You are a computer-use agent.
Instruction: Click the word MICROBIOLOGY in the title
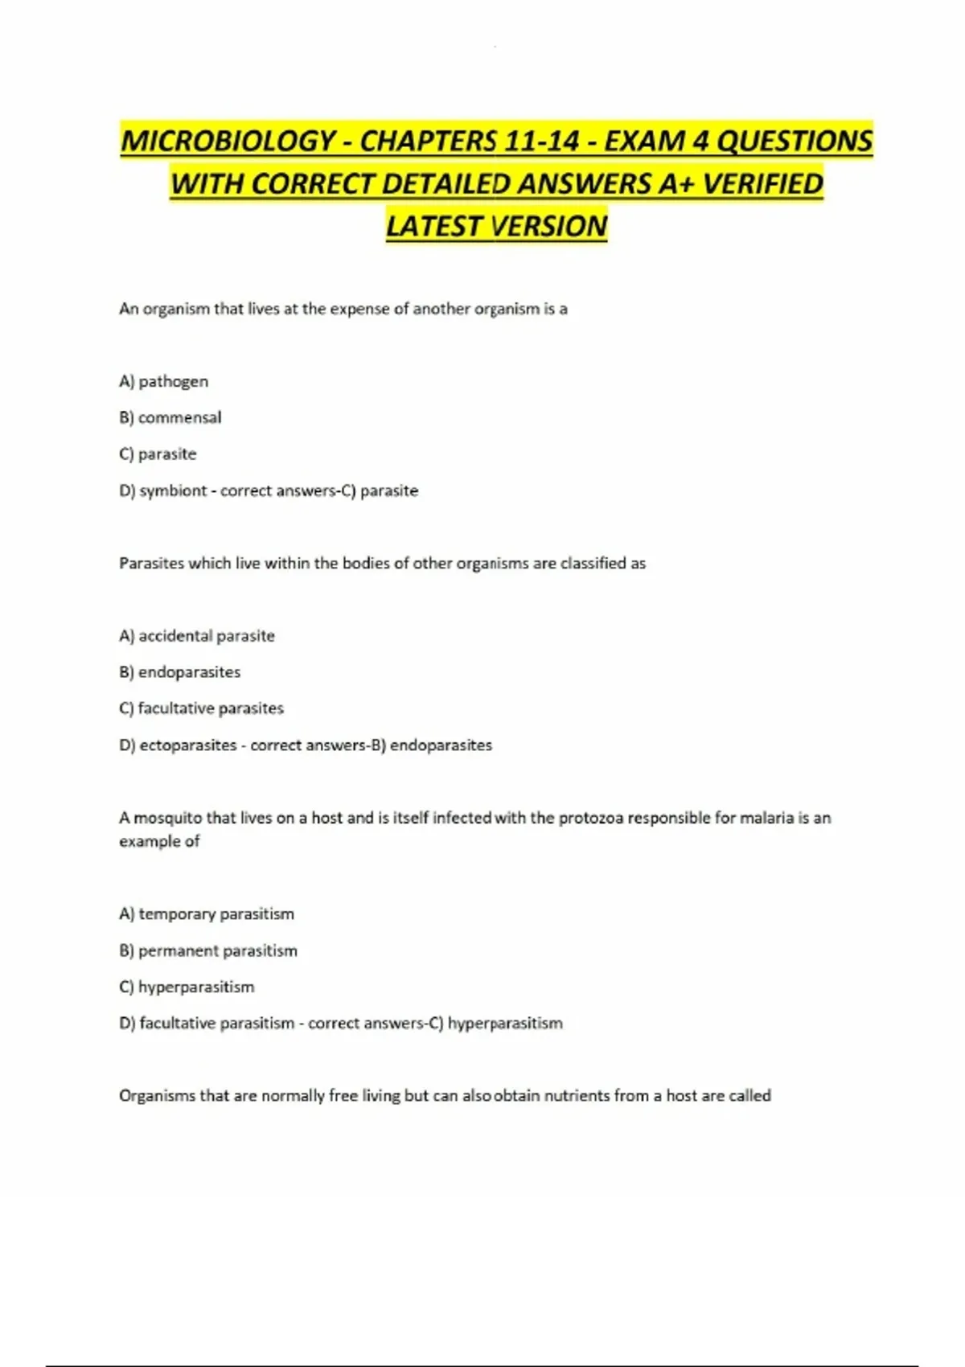point(228,142)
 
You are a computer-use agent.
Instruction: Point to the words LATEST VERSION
point(496,227)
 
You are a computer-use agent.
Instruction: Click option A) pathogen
point(163,381)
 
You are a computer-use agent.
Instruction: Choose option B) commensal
point(170,417)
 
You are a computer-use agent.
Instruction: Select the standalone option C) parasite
point(158,454)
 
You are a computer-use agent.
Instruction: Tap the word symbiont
point(173,491)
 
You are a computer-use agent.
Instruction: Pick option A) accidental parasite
point(197,636)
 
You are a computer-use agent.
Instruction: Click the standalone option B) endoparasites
point(179,672)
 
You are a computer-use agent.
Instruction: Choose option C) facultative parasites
point(201,708)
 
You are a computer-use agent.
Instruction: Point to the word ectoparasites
point(188,745)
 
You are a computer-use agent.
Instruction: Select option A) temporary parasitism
point(207,914)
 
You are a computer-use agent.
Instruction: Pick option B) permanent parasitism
point(208,950)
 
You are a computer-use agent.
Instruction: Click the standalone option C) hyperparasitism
point(187,987)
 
